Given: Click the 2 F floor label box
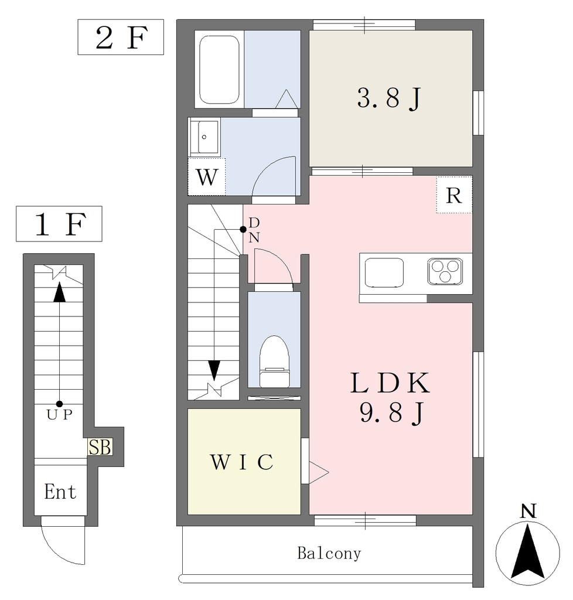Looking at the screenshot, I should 120,38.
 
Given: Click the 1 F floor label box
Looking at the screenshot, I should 59,224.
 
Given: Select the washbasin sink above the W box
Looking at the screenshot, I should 205,137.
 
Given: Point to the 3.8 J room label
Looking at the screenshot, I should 389,98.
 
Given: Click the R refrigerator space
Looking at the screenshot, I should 454,195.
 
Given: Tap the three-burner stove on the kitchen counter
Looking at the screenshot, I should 445,271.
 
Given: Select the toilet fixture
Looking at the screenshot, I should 274,360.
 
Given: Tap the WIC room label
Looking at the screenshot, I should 242,462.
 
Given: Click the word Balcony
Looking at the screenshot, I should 329,553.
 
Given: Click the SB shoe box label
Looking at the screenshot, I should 99,448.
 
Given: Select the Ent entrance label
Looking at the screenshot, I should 60,492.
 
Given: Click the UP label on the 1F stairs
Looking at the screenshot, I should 60,415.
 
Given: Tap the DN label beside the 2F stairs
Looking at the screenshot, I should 254,230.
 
